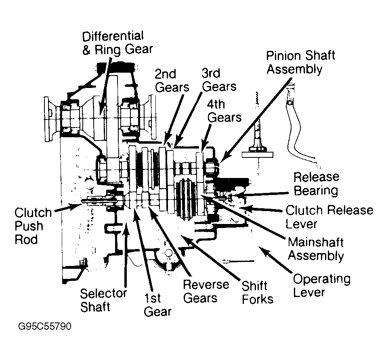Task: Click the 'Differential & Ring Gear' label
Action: pyautogui.click(x=117, y=43)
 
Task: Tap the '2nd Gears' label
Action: pyautogui.click(x=172, y=81)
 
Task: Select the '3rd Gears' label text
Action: pyautogui.click(x=219, y=80)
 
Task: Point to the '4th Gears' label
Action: pyautogui.click(x=224, y=111)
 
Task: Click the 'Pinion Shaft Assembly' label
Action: pyautogui.click(x=301, y=62)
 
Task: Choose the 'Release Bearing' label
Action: pyautogui.click(x=316, y=184)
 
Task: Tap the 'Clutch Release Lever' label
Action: pyautogui.click(x=329, y=217)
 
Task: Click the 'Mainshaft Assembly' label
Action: pyautogui.click(x=316, y=249)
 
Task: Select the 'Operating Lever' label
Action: pyautogui.click(x=322, y=285)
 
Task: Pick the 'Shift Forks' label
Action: pyautogui.click(x=257, y=293)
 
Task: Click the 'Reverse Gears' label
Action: pyautogui.click(x=206, y=291)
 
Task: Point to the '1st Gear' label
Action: pyautogui.click(x=157, y=305)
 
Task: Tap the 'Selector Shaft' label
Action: pyautogui.click(x=103, y=300)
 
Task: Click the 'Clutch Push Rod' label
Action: pyautogui.click(x=33, y=226)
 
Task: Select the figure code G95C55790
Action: pyautogui.click(x=45, y=326)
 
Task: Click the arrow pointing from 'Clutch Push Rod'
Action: pyautogui.click(x=69, y=207)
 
